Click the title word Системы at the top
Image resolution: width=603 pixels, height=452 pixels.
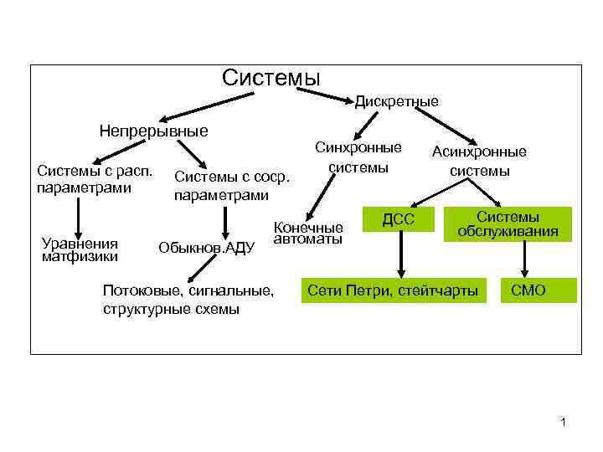271,78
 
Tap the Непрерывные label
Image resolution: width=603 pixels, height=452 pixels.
153,131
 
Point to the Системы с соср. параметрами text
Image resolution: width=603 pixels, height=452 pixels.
231,186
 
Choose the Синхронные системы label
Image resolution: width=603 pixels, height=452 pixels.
358,157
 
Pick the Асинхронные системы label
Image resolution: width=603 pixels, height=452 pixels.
479,162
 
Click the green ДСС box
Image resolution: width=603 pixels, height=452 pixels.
399,220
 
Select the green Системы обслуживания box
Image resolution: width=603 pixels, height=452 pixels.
508,223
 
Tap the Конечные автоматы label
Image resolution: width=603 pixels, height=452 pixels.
308,233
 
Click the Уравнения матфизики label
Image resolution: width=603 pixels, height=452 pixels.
80,249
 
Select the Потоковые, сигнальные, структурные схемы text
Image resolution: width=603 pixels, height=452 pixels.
187,300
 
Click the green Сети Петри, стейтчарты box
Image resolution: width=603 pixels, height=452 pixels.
394,290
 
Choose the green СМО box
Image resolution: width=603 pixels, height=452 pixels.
528,290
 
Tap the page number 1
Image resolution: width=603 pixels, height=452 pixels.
564,422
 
